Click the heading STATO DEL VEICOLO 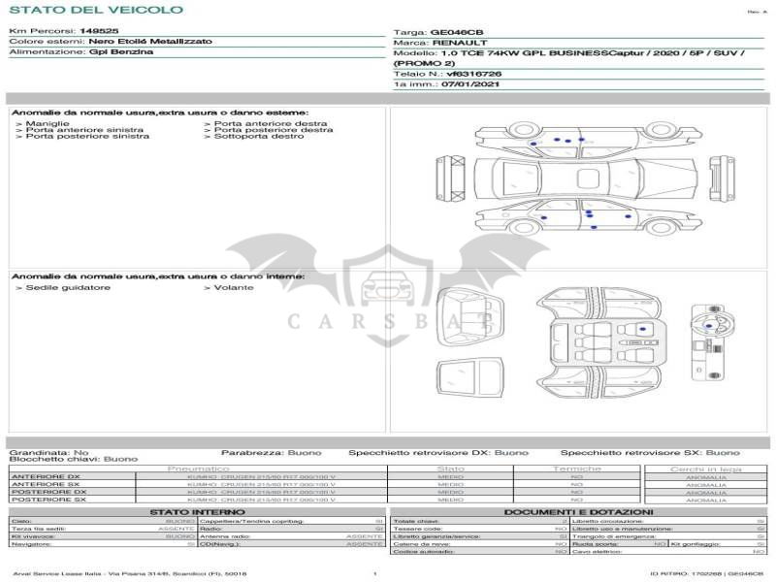[x=96, y=10]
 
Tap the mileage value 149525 [x=99, y=31]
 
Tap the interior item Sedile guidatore [x=67, y=288]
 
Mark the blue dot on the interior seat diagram [x=641, y=332]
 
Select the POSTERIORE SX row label [x=46, y=500]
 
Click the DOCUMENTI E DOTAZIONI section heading [x=578, y=512]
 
